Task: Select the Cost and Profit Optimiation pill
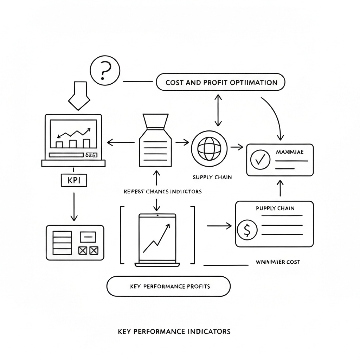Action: click(x=220, y=83)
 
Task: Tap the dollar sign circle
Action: click(x=247, y=230)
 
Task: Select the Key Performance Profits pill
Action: click(x=168, y=286)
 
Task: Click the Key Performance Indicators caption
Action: click(x=174, y=331)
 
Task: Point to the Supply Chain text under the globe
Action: click(x=212, y=177)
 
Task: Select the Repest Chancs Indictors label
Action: click(x=163, y=192)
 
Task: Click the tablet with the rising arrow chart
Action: click(x=157, y=239)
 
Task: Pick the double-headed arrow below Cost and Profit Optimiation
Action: click(x=218, y=110)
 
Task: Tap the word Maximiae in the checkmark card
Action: click(x=290, y=152)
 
